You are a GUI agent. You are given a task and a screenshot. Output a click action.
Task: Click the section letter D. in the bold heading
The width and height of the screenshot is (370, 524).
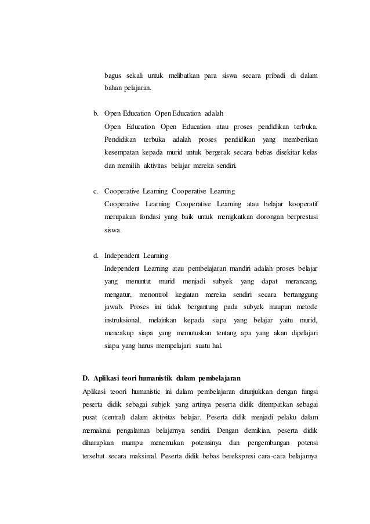[87, 371]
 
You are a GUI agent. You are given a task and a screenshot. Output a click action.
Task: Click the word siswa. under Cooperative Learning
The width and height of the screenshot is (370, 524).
[113, 230]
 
